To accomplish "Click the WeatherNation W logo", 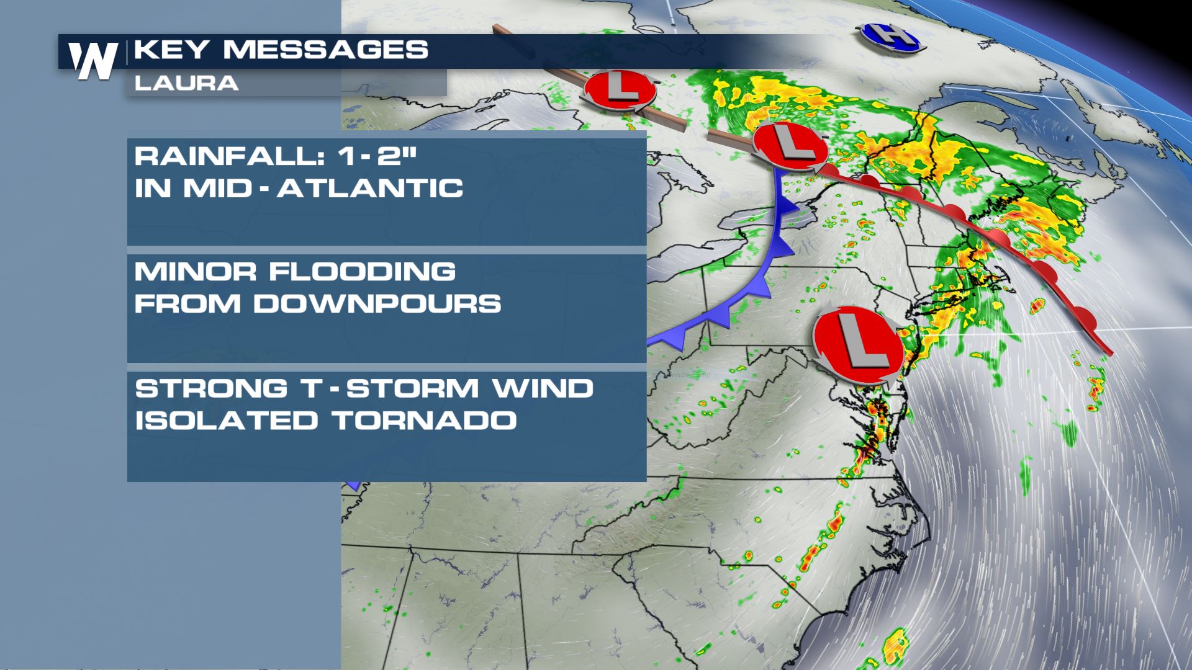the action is [x=93, y=60].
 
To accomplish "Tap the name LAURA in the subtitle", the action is [x=186, y=83].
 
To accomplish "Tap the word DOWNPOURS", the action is [x=377, y=304].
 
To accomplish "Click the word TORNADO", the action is [x=425, y=421].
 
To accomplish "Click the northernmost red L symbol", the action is [x=620, y=91].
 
